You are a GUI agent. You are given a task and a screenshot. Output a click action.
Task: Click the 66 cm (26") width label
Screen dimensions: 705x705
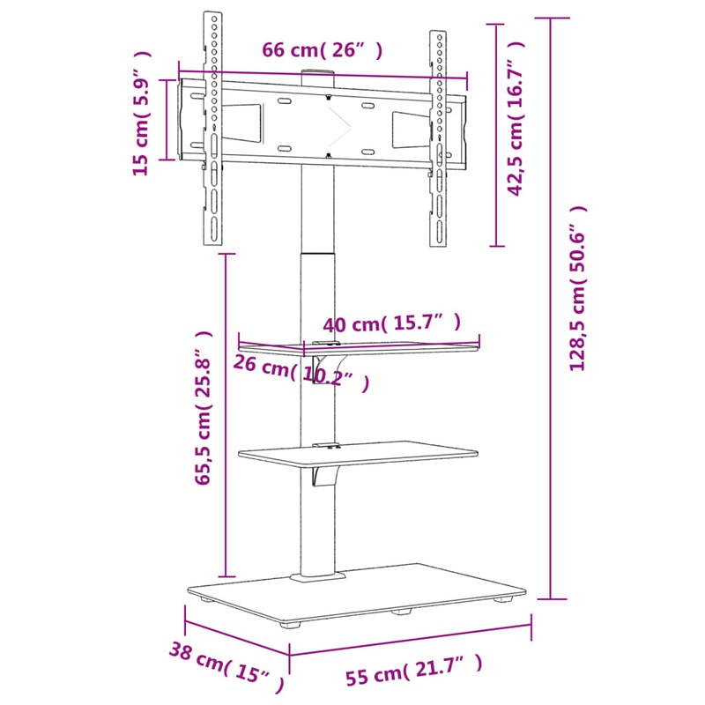pyautogui.click(x=323, y=51)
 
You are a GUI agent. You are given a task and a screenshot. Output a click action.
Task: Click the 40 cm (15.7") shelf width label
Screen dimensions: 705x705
pyautogui.click(x=391, y=324)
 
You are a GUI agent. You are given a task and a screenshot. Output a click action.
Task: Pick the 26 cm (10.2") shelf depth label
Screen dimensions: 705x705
pyautogui.click(x=301, y=373)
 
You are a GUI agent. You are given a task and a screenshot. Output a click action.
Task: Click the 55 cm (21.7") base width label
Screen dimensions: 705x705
pyautogui.click(x=413, y=671)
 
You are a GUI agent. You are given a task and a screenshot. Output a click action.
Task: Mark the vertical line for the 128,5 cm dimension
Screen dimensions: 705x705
pyautogui.click(x=551, y=308)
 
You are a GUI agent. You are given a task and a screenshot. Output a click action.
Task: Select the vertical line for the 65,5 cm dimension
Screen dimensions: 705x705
pyautogui.click(x=227, y=414)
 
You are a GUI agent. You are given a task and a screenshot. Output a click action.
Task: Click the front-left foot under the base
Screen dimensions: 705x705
pyautogui.click(x=289, y=627)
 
